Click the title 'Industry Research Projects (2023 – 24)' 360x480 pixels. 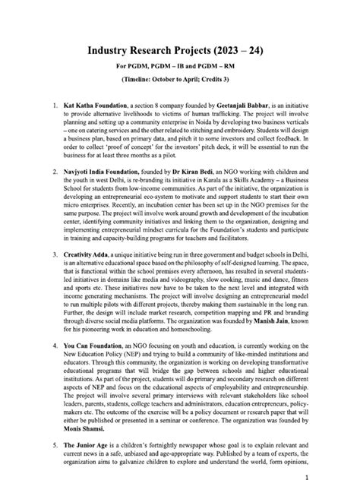coord(179,31)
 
